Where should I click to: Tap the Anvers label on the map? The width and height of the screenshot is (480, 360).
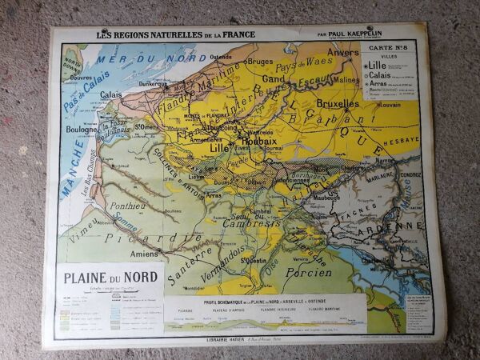coord(343,53)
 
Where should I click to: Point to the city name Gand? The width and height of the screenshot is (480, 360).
coord(274,80)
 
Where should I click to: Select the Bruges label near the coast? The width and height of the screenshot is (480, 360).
coord(259,60)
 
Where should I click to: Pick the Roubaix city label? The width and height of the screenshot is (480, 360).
coord(258,139)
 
